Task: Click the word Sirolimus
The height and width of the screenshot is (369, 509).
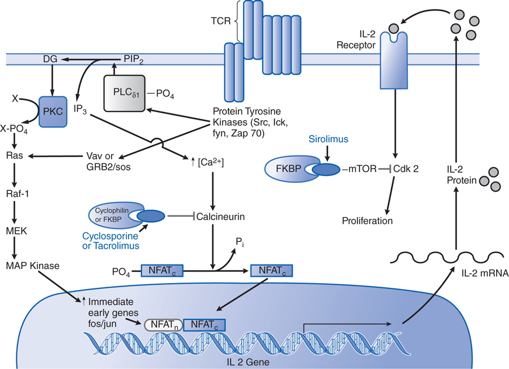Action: click(329, 140)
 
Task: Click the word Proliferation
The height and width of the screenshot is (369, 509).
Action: click(368, 221)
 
